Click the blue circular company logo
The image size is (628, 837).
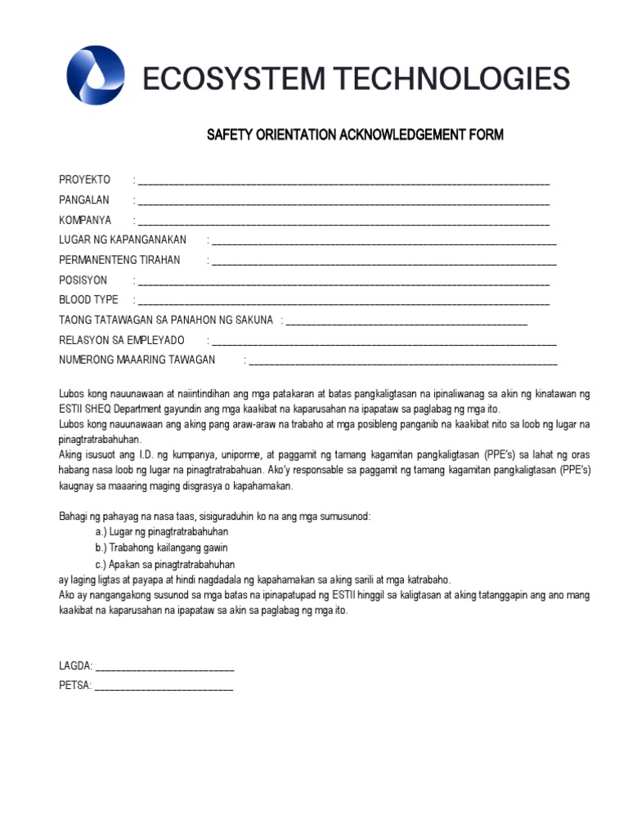tap(96, 75)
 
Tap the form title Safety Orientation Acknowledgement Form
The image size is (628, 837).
tap(355, 134)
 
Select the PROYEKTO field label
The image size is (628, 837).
tap(84, 180)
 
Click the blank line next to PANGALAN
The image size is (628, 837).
tap(343, 201)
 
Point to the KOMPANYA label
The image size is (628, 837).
tap(85, 220)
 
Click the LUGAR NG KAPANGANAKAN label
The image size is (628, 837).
tap(123, 239)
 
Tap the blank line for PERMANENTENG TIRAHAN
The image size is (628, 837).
tap(384, 262)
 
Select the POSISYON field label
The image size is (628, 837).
tap(83, 280)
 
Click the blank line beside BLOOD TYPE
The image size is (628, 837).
tap(343, 302)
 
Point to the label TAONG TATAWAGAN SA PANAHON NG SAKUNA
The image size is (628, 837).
tap(165, 320)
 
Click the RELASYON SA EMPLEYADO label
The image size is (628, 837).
tap(122, 340)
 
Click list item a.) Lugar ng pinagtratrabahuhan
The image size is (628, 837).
tap(161, 531)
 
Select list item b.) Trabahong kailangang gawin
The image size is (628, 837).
tap(161, 548)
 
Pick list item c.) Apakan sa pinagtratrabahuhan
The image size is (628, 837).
tap(164, 564)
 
